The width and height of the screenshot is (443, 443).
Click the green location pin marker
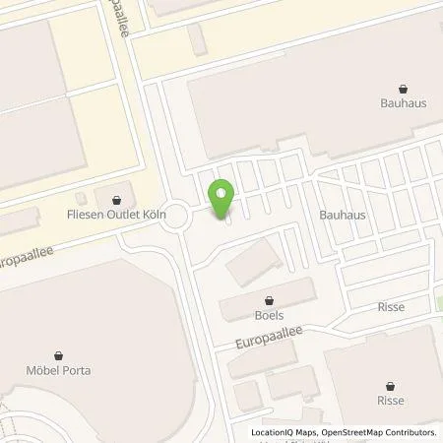point(221,196)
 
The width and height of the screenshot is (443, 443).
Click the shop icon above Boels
point(268,300)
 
